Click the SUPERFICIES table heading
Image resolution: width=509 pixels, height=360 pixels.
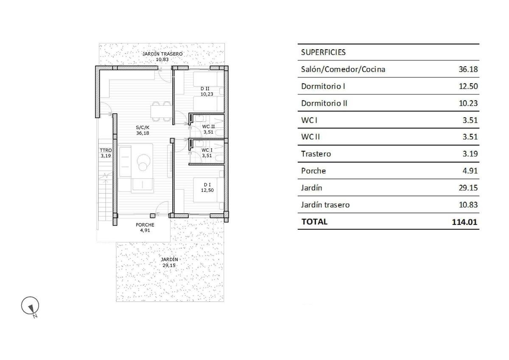[323, 52]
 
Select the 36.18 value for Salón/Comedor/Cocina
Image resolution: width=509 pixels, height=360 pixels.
[468, 69]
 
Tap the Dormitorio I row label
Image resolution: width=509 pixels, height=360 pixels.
[323, 86]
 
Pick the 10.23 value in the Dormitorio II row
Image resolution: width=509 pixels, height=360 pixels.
[468, 103]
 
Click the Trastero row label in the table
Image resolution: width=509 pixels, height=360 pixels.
[316, 154]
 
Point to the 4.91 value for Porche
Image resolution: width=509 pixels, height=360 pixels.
[470, 171]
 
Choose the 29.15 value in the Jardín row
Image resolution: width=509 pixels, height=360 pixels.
[468, 188]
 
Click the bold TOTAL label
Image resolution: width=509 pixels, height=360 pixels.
[314, 222]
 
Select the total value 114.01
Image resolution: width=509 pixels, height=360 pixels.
[464, 222]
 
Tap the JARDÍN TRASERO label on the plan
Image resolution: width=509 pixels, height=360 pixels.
[162, 54]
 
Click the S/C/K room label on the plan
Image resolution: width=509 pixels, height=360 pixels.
[143, 127]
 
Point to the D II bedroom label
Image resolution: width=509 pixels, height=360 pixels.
[205, 89]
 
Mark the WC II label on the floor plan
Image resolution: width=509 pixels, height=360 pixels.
[208, 127]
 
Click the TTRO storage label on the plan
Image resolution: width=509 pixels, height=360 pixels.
[106, 150]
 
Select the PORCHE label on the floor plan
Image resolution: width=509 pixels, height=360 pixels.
[145, 225]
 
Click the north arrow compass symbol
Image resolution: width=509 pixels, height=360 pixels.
[30, 306]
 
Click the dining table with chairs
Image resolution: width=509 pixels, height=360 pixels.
[161, 111]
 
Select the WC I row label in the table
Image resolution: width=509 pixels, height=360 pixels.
[309, 120]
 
